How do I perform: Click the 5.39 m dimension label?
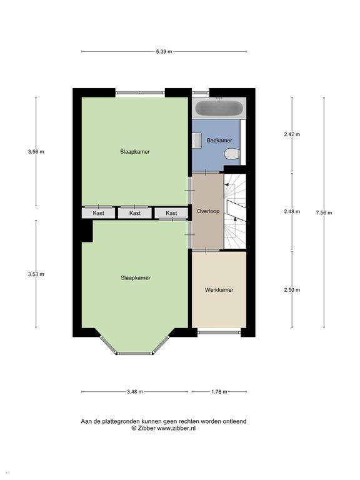[x=164, y=51]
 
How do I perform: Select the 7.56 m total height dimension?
[x=324, y=212]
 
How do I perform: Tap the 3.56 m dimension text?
[x=36, y=151]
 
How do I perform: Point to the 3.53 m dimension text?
[x=36, y=274]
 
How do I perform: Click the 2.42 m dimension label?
[x=292, y=134]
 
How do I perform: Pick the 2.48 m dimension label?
[x=292, y=212]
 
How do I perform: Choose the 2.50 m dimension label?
[x=292, y=290]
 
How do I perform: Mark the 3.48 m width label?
[x=134, y=392]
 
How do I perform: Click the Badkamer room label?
[x=219, y=141]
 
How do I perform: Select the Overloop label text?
[x=207, y=212]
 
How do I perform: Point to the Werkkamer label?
[x=219, y=290]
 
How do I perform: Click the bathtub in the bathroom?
[x=218, y=108]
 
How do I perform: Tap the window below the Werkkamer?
[x=219, y=332]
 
